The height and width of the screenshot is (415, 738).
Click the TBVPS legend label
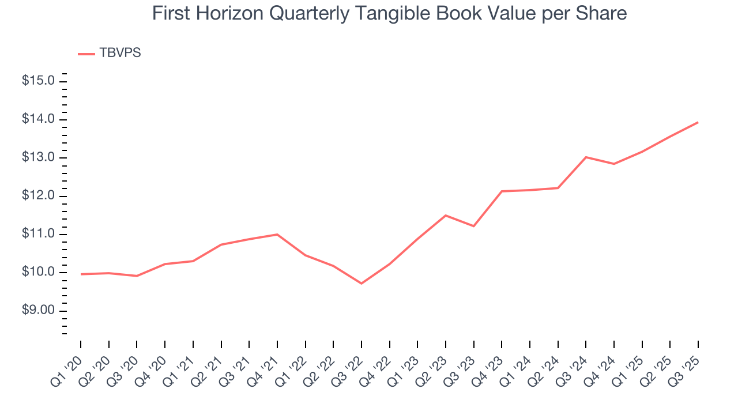point(120,53)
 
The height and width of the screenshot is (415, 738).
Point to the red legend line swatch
point(86,54)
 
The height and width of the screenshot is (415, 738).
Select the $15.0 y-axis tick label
point(38,81)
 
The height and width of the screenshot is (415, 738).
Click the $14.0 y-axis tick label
point(38,119)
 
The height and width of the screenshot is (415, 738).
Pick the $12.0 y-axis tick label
point(38,196)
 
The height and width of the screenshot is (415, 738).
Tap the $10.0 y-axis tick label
point(38,273)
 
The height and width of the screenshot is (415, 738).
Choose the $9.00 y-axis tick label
point(38,311)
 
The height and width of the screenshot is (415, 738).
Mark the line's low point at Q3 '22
point(362,284)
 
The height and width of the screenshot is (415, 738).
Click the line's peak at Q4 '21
point(277,235)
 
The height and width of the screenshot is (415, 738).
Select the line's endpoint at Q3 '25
point(698,122)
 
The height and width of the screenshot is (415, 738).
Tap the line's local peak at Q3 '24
point(586,157)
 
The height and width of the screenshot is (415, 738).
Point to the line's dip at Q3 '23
point(473,226)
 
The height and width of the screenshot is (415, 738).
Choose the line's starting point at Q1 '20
point(81,274)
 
